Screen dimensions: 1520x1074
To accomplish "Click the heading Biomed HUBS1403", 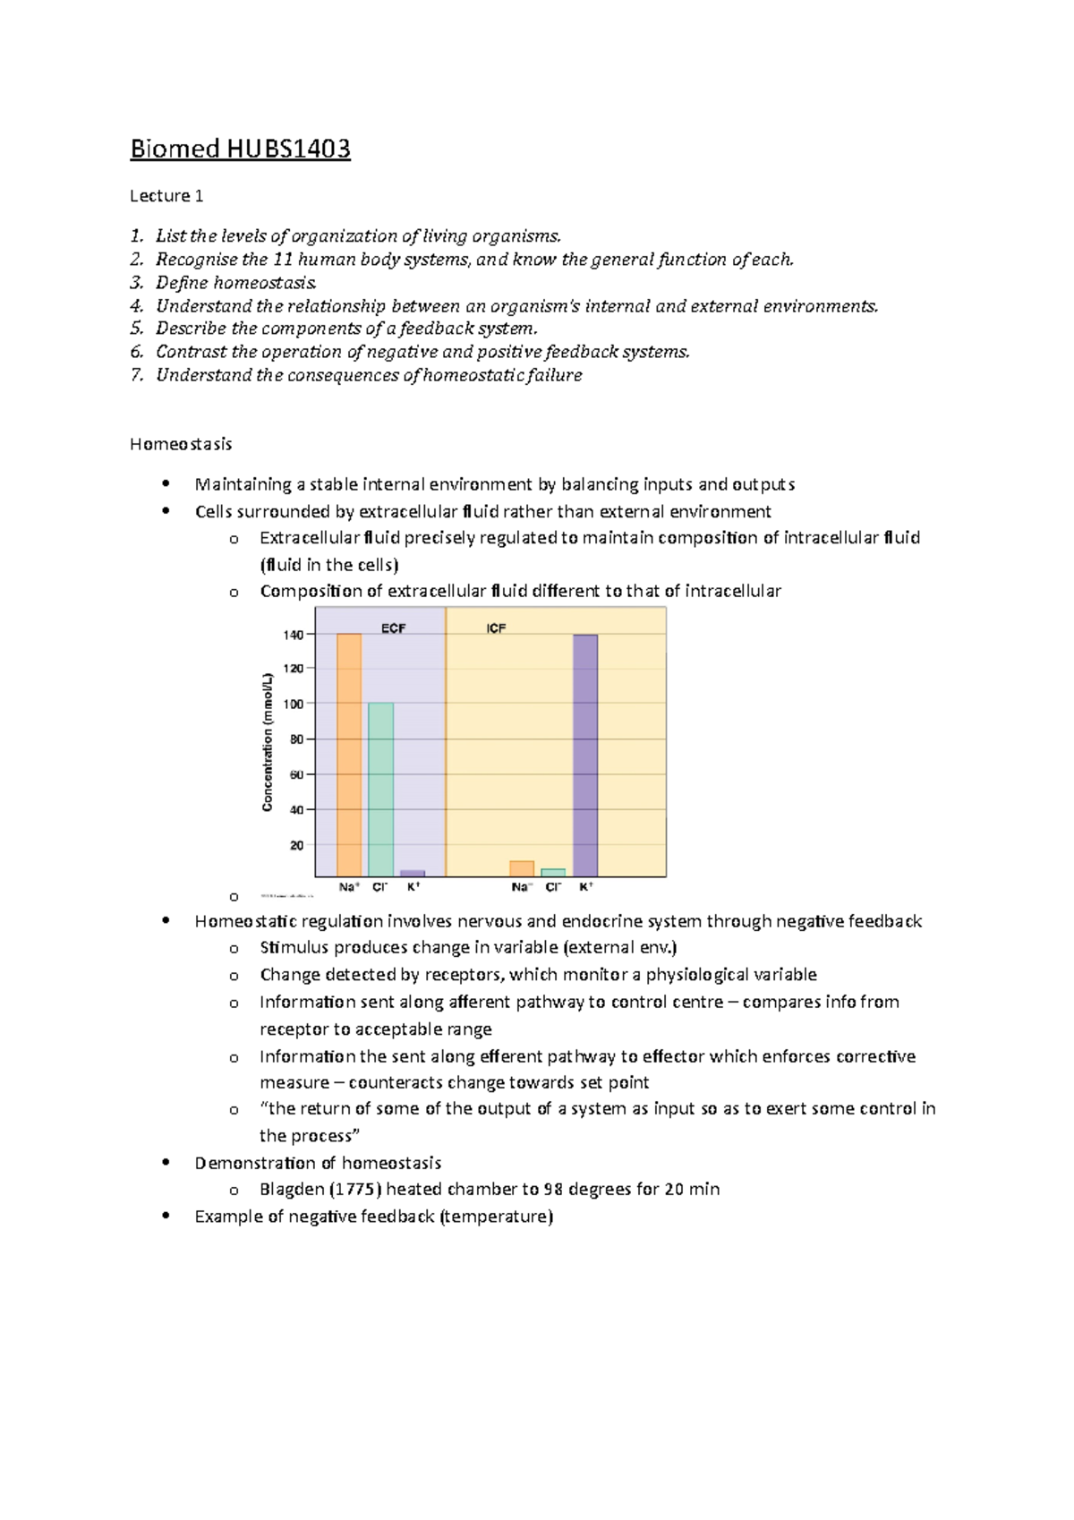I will tap(240, 149).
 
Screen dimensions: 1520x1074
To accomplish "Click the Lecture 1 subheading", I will tap(160, 195).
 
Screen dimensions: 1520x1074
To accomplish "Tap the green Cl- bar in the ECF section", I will tap(380, 789).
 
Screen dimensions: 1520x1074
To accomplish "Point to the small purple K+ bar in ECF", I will tap(413, 873).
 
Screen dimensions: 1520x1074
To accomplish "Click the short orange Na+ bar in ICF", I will tap(522, 868).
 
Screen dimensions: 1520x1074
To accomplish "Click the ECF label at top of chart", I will tap(394, 628).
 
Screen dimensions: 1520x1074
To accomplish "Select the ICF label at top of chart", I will tap(497, 628).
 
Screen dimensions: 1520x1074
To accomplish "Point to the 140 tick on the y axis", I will tap(294, 635).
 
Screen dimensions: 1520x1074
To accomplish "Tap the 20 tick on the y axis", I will tap(297, 845).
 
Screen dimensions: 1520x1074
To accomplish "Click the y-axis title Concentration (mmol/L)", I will tap(268, 743).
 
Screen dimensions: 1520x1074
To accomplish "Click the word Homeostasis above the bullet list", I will tap(181, 444).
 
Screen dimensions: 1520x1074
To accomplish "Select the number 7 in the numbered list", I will tap(136, 375).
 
